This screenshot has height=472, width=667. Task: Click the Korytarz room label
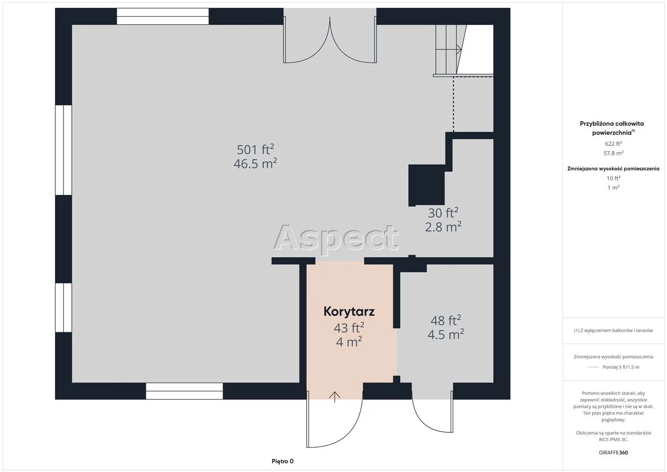point(349,312)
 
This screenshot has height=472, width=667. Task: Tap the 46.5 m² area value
point(255,164)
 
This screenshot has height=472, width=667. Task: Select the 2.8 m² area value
point(443,227)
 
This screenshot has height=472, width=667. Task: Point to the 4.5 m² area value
point(445,335)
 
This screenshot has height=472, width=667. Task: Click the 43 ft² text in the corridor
point(349,328)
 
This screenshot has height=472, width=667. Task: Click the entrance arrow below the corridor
point(334,397)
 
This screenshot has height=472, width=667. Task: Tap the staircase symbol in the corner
point(450,50)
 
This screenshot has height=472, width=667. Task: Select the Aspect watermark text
point(336,237)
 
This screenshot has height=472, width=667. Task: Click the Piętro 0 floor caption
point(283,461)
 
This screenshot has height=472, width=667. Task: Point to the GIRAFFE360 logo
point(613,452)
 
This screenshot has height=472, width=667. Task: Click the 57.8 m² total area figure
point(613,153)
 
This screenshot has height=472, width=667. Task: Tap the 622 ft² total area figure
point(613,144)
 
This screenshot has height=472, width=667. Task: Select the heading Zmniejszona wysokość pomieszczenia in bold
point(613,169)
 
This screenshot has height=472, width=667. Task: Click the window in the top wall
point(163,17)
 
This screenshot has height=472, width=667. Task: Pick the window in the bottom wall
point(184,391)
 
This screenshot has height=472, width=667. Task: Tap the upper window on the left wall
point(63,150)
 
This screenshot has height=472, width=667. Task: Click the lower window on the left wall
point(63,307)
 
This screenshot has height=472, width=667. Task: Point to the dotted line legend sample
point(593,367)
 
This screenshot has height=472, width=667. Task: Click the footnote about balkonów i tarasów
point(613,330)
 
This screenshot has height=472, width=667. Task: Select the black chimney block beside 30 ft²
point(426,185)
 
